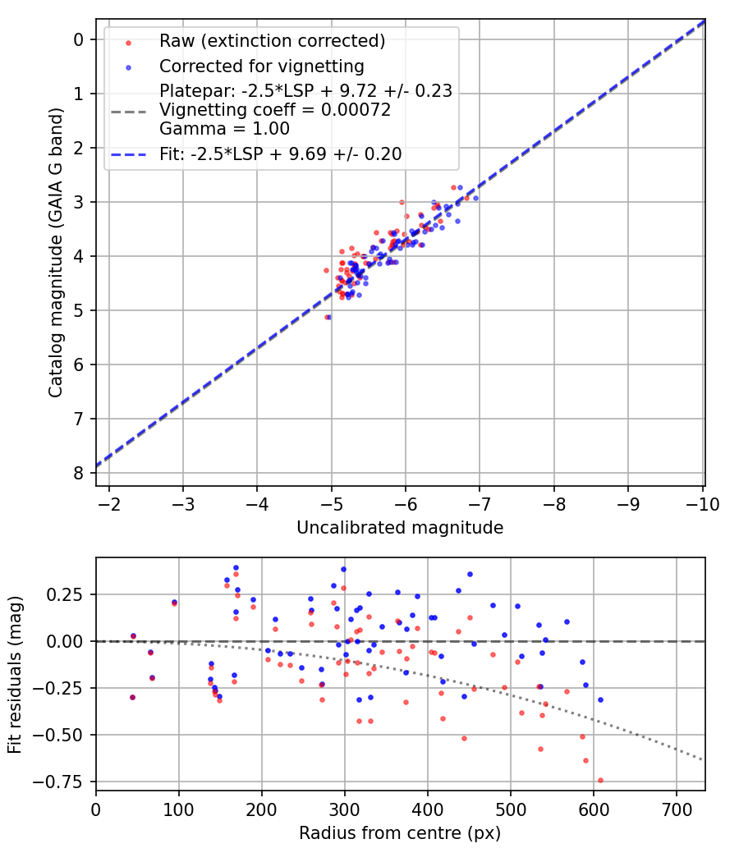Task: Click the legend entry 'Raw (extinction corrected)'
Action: (x=272, y=41)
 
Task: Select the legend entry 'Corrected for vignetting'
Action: (x=261, y=66)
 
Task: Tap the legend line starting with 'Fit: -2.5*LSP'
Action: (x=280, y=154)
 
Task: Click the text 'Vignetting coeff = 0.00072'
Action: (x=275, y=110)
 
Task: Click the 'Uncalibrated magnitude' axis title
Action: (x=400, y=528)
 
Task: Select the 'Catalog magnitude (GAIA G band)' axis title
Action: (x=55, y=261)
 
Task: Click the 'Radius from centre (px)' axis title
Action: (x=400, y=833)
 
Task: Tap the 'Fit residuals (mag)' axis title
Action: (x=16, y=674)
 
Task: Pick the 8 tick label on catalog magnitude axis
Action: (x=79, y=473)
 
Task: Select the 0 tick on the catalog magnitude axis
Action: (x=79, y=39)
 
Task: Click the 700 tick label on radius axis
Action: (x=676, y=809)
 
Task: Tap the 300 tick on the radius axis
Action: (x=344, y=809)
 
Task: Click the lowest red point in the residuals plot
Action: (x=600, y=780)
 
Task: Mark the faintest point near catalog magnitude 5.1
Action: (x=327, y=316)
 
